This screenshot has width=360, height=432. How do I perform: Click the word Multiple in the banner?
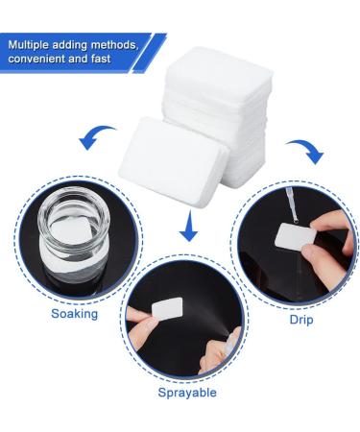tap(34, 45)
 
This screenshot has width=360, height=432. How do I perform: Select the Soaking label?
tap(73, 314)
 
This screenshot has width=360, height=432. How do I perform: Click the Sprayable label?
tap(187, 392)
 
